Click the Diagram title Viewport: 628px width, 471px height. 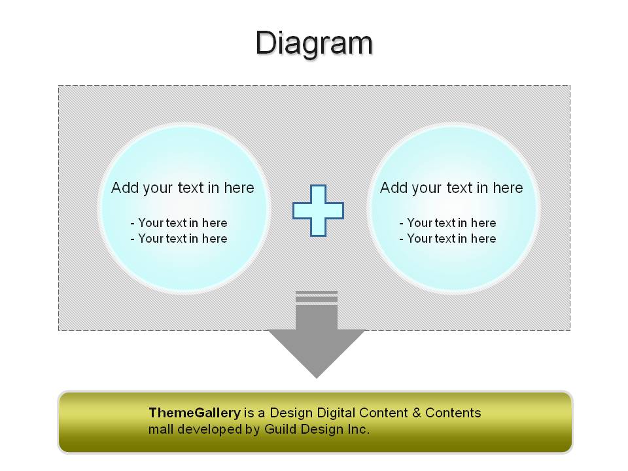[x=315, y=43]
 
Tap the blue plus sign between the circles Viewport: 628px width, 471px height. [x=318, y=210]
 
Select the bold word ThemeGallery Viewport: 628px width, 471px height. [x=195, y=413]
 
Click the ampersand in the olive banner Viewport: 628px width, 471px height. [x=417, y=413]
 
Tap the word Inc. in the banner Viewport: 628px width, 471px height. [x=358, y=429]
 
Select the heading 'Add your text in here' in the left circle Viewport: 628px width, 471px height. [x=183, y=188]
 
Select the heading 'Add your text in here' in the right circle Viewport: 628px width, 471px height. [x=451, y=188]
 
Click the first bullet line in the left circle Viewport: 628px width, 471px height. [x=179, y=222]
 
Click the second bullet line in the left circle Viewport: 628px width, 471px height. [x=179, y=239]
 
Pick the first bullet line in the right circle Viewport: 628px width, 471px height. [x=447, y=222]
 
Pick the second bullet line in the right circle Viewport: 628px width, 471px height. [x=447, y=239]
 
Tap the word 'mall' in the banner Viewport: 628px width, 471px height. [x=161, y=429]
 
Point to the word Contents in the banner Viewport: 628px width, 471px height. [x=453, y=413]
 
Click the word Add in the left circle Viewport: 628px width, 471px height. [x=124, y=188]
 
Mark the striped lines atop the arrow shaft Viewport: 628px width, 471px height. [x=317, y=298]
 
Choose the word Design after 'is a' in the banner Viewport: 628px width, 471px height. [x=291, y=413]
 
